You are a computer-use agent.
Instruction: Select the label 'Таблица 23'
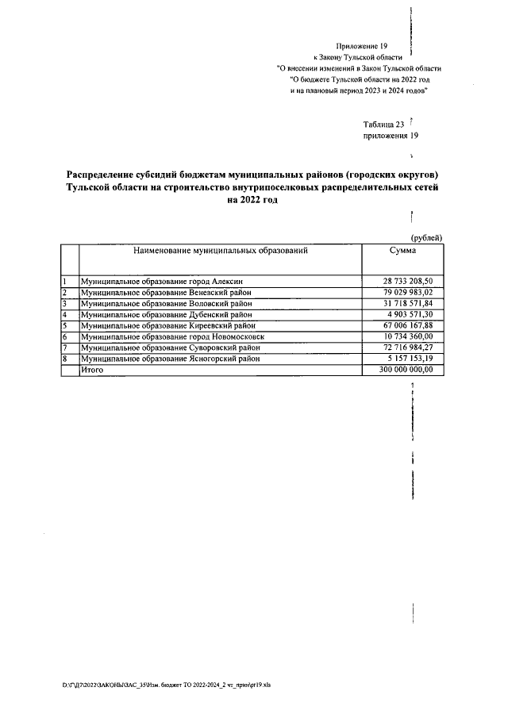coord(383,125)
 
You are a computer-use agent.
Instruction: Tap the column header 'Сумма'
coord(402,251)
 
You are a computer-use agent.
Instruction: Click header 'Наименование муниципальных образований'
coord(220,251)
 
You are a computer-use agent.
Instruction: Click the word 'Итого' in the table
coord(93,371)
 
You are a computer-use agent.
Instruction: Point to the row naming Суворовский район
coord(175,348)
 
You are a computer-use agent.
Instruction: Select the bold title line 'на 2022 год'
coord(253,201)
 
